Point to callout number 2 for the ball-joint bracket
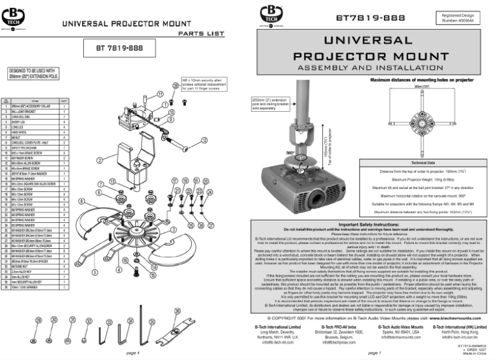pyautogui.click(x=99, y=160)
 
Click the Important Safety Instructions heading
pyautogui.click(x=369, y=224)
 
